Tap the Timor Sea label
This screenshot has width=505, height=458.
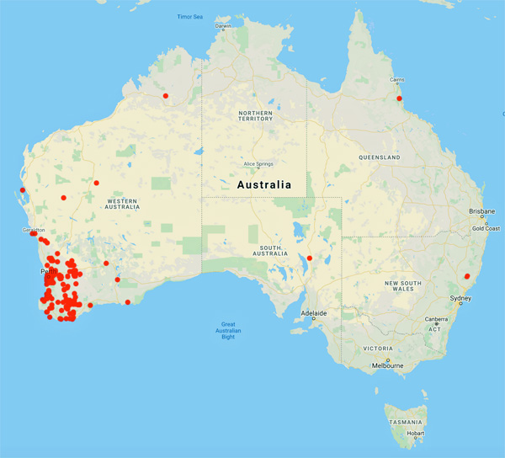pyautogui.click(x=191, y=17)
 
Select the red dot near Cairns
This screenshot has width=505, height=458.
pyautogui.click(x=400, y=99)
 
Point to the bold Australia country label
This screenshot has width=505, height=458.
pyautogui.click(x=264, y=184)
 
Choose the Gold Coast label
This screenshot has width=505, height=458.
pyautogui.click(x=485, y=228)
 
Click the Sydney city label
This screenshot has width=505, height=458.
pyautogui.click(x=460, y=299)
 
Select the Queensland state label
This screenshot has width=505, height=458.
pyautogui.click(x=379, y=157)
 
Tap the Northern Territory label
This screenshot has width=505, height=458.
pyautogui.click(x=256, y=115)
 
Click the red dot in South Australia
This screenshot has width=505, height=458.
pyautogui.click(x=310, y=258)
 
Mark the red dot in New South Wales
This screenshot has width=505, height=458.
pyautogui.click(x=467, y=275)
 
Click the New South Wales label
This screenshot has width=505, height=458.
pyautogui.click(x=401, y=286)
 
